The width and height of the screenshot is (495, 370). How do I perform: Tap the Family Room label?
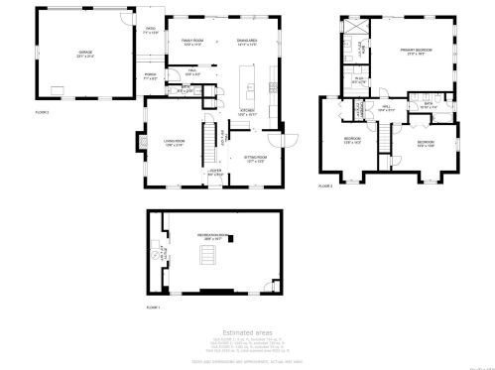tap(192, 42)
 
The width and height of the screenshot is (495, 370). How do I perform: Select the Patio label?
tap(151, 31)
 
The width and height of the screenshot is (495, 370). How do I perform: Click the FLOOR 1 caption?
tap(153, 308)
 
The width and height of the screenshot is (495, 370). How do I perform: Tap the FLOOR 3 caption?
tap(324, 185)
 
